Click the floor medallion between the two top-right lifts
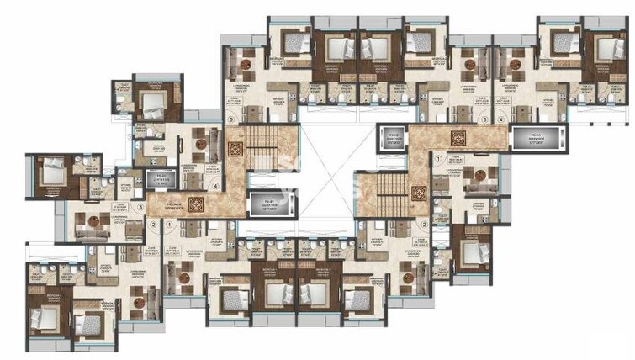point(458,138)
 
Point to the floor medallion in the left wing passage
point(197,205)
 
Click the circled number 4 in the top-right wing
point(503,120)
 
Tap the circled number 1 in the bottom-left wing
point(170,225)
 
